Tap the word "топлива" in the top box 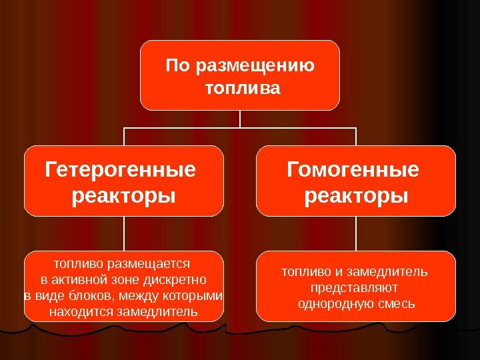coord(240,88)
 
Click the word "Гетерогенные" coord(120,171)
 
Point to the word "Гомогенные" coord(353,171)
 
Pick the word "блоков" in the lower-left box coord(87,295)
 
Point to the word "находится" coord(81,311)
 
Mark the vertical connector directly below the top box coord(240,119)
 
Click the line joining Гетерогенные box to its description coord(123,233)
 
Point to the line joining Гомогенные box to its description coord(356,233)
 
